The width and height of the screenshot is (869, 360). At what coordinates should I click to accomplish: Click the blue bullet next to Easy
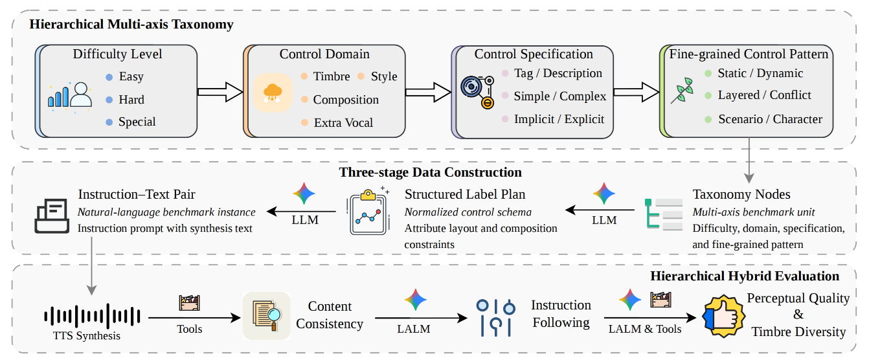tap(109, 77)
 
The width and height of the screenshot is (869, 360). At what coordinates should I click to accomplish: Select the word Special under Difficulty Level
tap(137, 122)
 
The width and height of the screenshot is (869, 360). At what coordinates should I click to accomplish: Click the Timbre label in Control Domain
tap(332, 76)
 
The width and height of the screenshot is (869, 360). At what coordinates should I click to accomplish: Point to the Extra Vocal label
tap(343, 122)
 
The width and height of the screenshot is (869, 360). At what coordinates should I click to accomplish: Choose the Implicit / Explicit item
tap(559, 119)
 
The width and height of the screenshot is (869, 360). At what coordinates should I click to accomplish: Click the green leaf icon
tap(683, 91)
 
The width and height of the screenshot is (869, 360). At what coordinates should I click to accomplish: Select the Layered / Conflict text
tap(764, 95)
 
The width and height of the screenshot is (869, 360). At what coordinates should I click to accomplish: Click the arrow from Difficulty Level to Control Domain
tap(219, 91)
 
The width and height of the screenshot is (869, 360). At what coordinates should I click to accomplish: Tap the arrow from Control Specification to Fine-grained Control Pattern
tap(636, 91)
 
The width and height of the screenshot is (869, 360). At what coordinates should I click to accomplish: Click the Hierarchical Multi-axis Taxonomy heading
tap(131, 25)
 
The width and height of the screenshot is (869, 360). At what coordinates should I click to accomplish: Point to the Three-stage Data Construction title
tap(430, 173)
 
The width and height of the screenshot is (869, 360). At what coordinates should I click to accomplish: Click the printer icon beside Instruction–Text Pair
tap(51, 216)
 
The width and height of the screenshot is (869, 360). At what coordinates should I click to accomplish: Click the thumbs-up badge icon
tap(720, 315)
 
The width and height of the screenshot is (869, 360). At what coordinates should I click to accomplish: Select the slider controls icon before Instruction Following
tap(495, 315)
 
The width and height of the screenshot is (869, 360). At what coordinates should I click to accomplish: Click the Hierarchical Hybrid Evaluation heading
tap(745, 276)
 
